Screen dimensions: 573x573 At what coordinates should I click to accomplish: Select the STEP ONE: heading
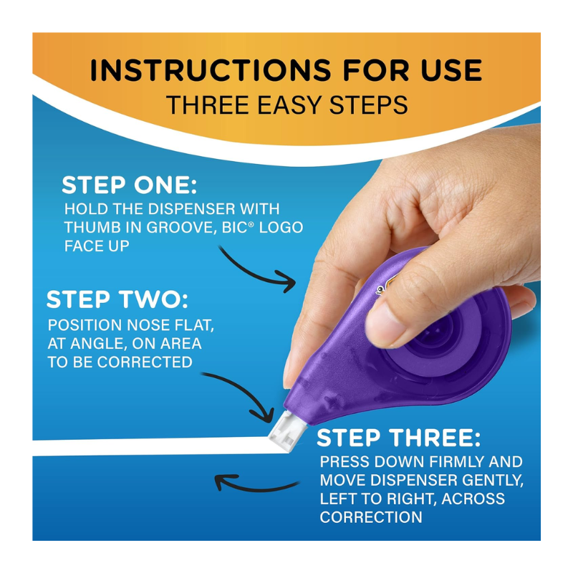[129, 185]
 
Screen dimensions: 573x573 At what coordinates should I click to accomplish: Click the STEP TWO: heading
[117, 299]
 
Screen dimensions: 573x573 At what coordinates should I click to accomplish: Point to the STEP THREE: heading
[398, 438]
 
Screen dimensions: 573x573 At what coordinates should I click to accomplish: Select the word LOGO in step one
[281, 227]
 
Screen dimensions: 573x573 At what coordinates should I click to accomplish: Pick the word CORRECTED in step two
[145, 362]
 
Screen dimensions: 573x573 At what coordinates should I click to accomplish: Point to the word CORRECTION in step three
[371, 517]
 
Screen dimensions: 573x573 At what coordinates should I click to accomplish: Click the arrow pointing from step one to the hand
[252, 274]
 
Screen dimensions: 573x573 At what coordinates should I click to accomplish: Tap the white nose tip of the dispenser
[285, 431]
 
